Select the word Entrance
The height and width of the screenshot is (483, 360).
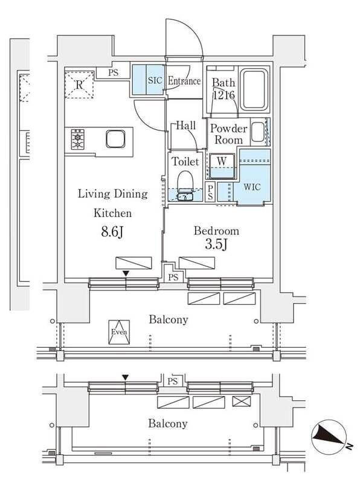click(x=184, y=81)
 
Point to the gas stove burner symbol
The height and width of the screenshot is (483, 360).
click(x=79, y=139)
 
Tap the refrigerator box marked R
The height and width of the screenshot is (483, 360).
click(x=79, y=85)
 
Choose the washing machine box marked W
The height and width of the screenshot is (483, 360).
click(x=222, y=162)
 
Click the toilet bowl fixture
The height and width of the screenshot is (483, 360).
click(x=185, y=182)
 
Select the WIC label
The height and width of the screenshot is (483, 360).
click(x=252, y=187)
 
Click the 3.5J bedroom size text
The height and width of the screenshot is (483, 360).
click(x=216, y=245)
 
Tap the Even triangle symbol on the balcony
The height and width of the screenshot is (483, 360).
click(x=119, y=332)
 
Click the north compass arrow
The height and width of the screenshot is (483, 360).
click(x=329, y=437)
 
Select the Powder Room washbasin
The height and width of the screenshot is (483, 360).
click(x=257, y=132)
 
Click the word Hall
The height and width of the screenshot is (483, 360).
click(x=185, y=126)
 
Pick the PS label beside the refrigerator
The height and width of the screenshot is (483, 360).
click(x=114, y=73)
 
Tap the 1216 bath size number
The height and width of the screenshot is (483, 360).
click(x=222, y=95)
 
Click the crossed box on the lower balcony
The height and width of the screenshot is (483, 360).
click(x=242, y=401)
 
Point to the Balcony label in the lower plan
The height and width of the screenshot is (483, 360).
click(x=168, y=423)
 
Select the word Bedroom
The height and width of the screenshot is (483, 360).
click(x=216, y=231)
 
